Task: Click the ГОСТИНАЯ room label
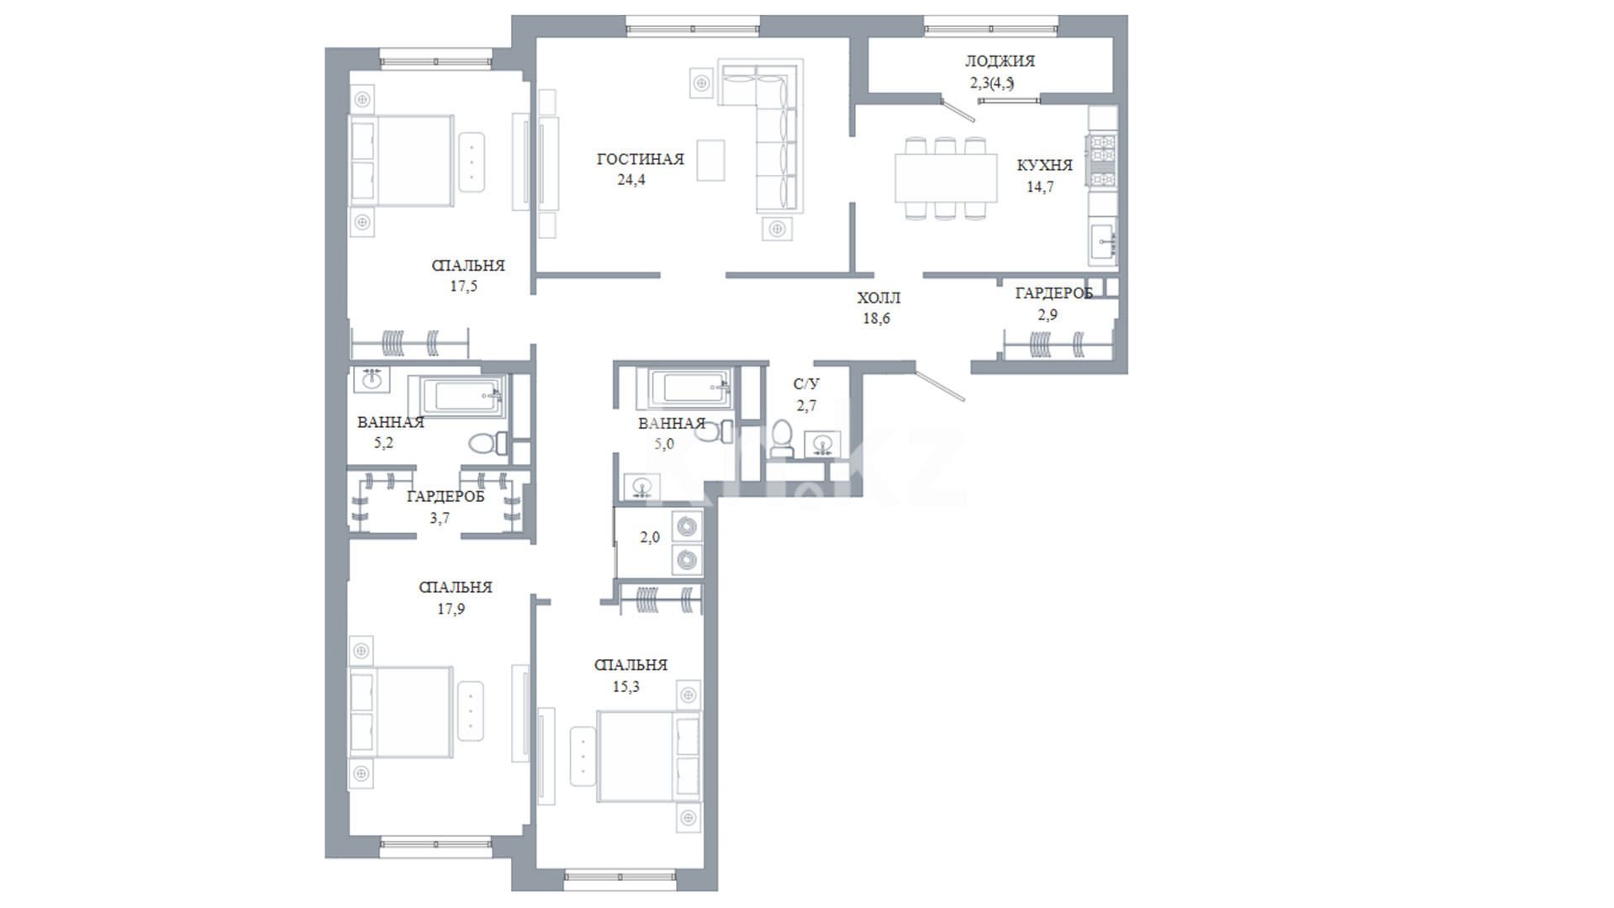point(640,159)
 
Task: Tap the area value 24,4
point(630,180)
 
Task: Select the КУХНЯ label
point(1044,166)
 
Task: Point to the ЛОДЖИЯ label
point(1000,61)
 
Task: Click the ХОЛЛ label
point(878,298)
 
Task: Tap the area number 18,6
point(876,319)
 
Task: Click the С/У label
point(806,384)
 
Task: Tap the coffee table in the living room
point(710,160)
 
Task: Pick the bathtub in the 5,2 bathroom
point(457,397)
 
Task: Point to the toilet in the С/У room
point(781,438)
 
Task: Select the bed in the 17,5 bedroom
point(404,161)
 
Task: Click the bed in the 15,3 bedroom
point(648,757)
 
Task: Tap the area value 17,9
point(451,610)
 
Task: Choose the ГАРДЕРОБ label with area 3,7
point(446,497)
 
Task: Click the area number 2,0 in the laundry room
point(650,538)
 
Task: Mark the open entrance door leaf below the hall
point(941,385)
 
